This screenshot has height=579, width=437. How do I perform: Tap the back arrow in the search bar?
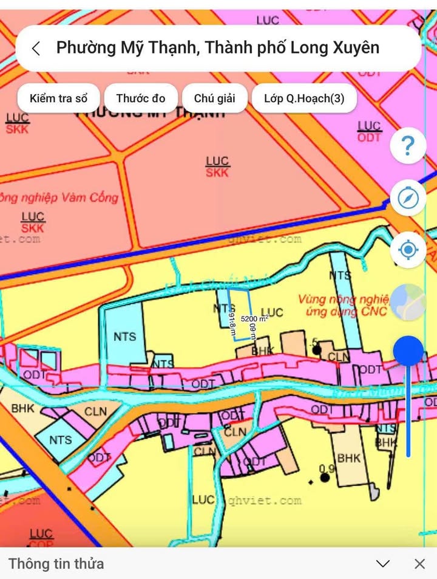point(36,49)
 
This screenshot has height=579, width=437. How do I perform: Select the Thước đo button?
point(141,98)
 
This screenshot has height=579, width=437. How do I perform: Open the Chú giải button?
point(215,98)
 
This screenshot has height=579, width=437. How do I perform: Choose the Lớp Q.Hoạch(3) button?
point(304,98)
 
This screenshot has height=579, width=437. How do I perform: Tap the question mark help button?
point(408,146)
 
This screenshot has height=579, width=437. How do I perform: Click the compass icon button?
point(408,198)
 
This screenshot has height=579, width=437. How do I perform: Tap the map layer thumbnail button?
point(408,303)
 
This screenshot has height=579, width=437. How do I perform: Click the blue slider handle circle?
point(408,351)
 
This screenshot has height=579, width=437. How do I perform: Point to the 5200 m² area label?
point(254,318)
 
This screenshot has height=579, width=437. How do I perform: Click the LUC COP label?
point(41,538)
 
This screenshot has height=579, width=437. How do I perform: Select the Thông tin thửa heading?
point(56,564)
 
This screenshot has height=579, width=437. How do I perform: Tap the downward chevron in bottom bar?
point(382,564)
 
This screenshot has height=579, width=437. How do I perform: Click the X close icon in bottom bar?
point(419,564)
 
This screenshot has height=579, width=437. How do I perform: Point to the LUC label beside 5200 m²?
point(272,312)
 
